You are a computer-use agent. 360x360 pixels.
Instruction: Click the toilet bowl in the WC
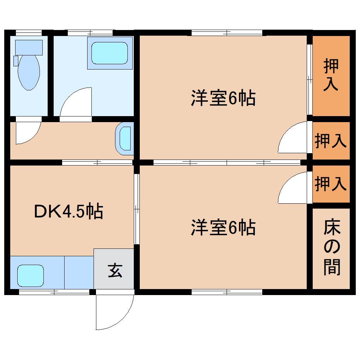click(29, 72)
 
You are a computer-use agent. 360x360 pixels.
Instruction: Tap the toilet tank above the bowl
click(29, 47)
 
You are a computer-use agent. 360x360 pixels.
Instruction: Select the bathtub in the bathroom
click(109, 53)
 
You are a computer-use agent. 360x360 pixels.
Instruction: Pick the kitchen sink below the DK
click(31, 276)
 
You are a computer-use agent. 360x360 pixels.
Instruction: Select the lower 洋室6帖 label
click(223, 228)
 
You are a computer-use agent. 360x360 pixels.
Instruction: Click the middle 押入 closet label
click(331, 140)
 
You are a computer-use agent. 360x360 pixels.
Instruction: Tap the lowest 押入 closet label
click(331, 184)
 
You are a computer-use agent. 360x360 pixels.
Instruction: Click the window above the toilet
click(29, 32)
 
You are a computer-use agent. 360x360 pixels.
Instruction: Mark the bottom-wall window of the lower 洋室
click(227, 292)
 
